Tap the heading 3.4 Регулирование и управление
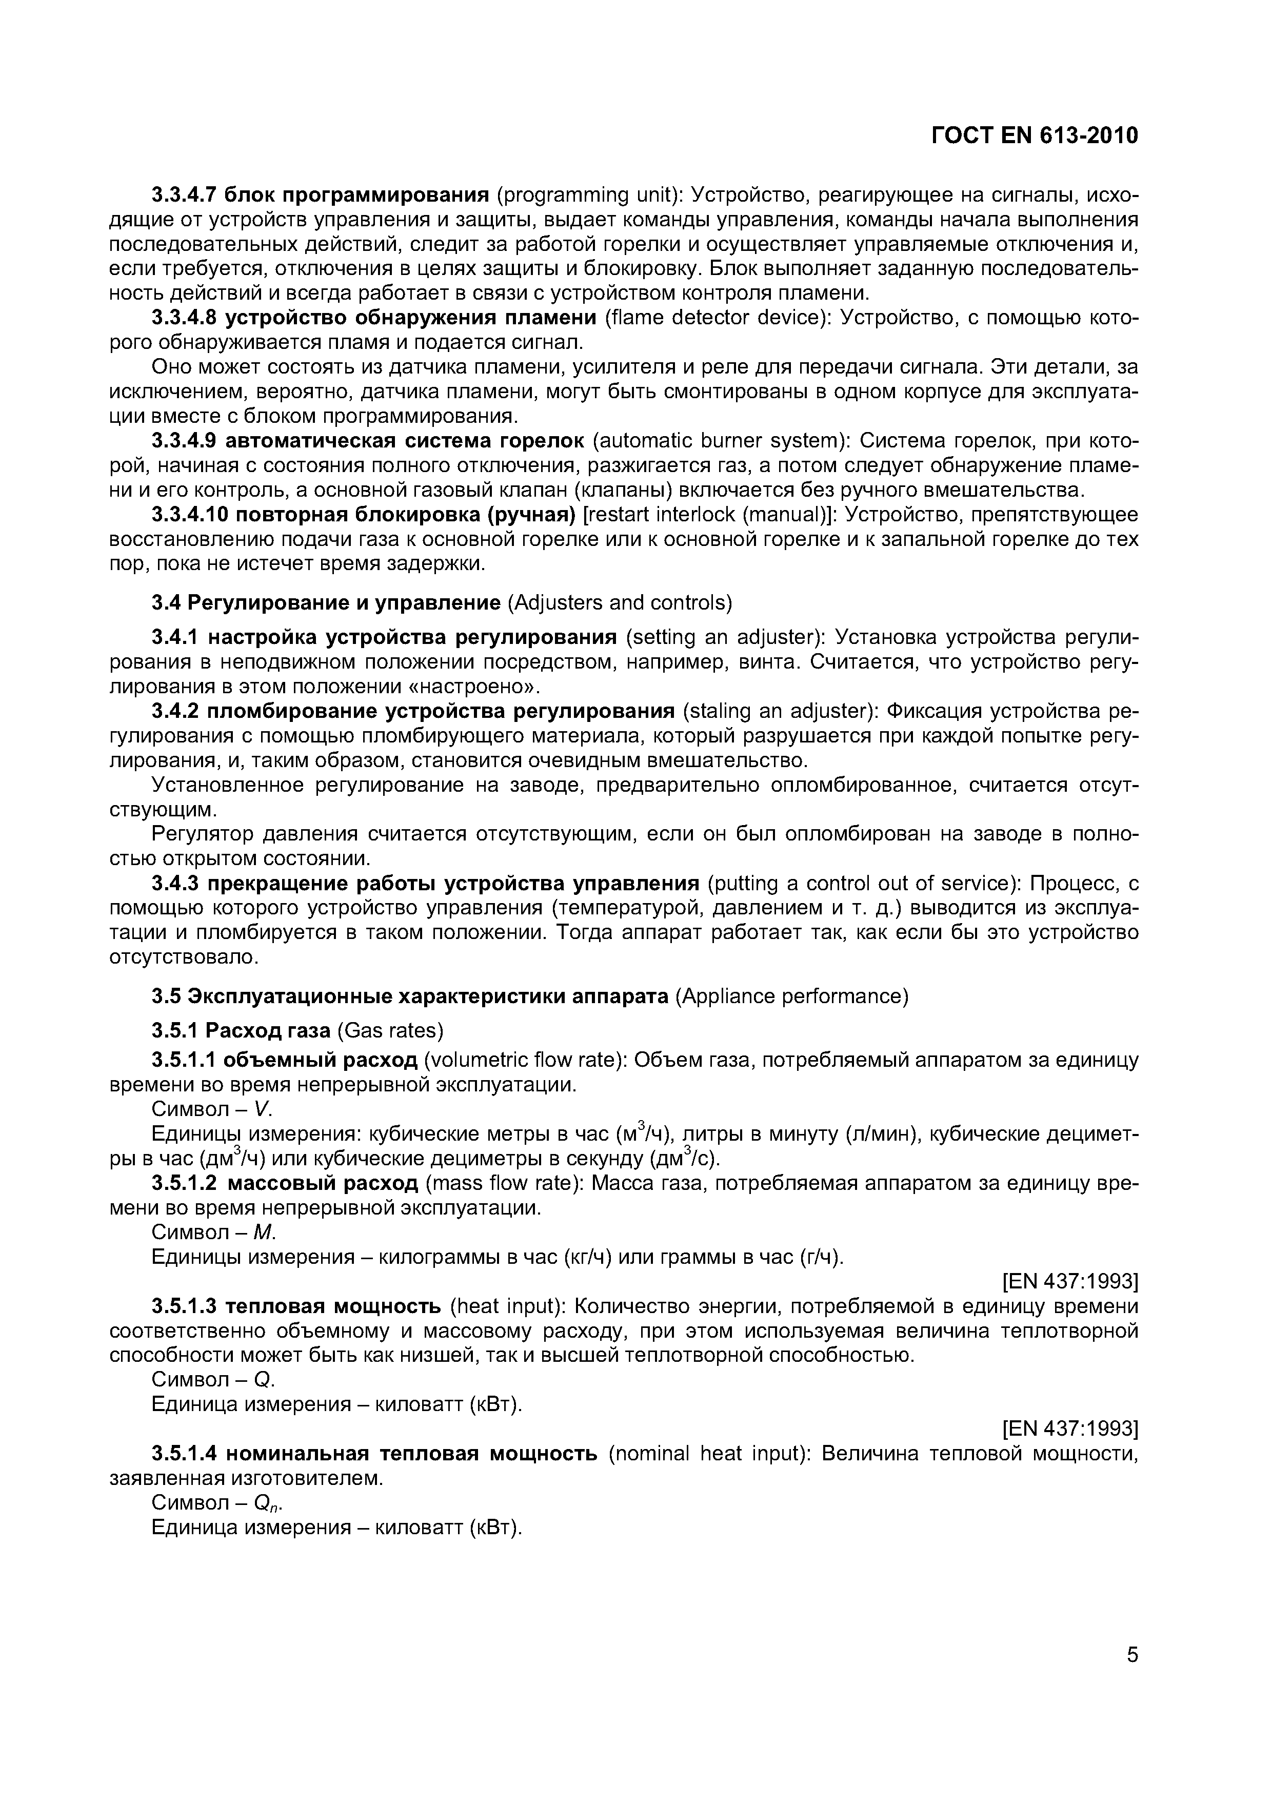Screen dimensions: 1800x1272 pyautogui.click(x=325, y=602)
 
